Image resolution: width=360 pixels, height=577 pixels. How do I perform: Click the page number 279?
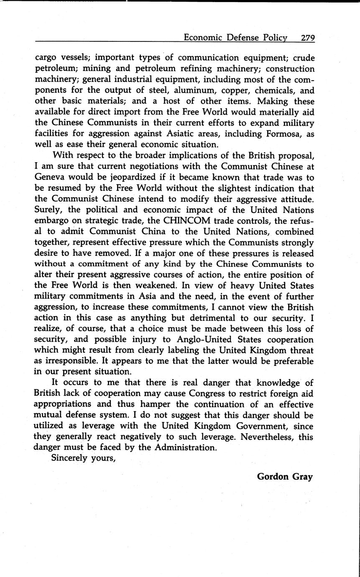click(307, 38)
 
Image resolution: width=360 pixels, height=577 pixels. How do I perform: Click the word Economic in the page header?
click(203, 38)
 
